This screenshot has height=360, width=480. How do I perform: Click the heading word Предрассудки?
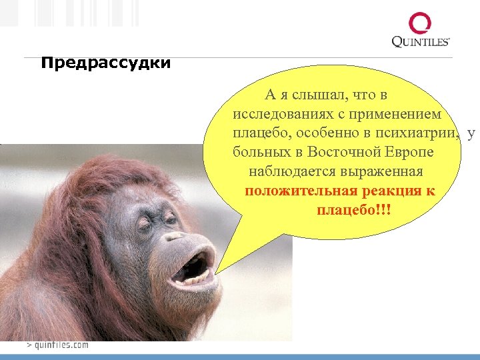pyautogui.click(x=105, y=64)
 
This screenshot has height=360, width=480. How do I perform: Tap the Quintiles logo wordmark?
pyautogui.click(x=421, y=41)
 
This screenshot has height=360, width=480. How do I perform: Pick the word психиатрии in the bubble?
pyautogui.click(x=417, y=133)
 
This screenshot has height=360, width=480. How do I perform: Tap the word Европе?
pyautogui.click(x=409, y=153)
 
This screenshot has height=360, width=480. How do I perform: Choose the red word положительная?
pyautogui.click(x=297, y=191)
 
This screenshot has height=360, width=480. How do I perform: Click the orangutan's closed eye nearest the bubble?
pyautogui.click(x=170, y=217)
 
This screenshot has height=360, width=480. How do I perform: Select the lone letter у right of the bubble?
pyautogui.click(x=471, y=133)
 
